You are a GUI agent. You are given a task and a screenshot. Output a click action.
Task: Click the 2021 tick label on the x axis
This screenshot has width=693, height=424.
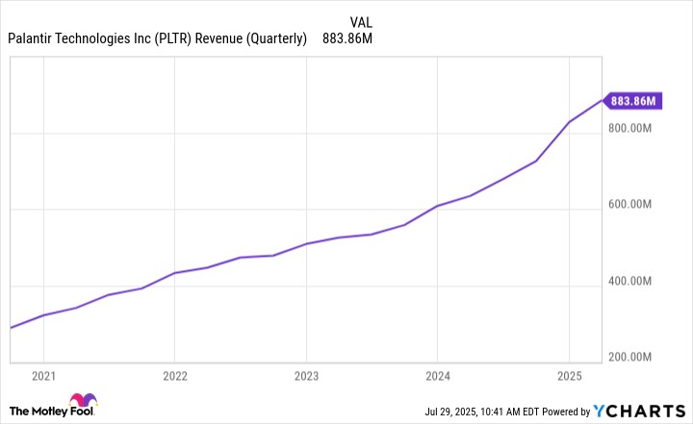pos(43,375)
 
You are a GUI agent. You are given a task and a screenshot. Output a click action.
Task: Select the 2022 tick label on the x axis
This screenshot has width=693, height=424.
pos(174,375)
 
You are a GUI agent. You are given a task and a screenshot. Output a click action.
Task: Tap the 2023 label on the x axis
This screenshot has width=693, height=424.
pos(306,375)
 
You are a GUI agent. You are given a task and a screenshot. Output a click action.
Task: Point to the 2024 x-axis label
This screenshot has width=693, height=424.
pos(437,375)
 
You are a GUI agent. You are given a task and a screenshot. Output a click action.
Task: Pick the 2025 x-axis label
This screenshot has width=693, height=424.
pos(569,375)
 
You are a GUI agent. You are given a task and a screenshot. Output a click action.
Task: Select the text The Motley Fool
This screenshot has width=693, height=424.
pos(57,411)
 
